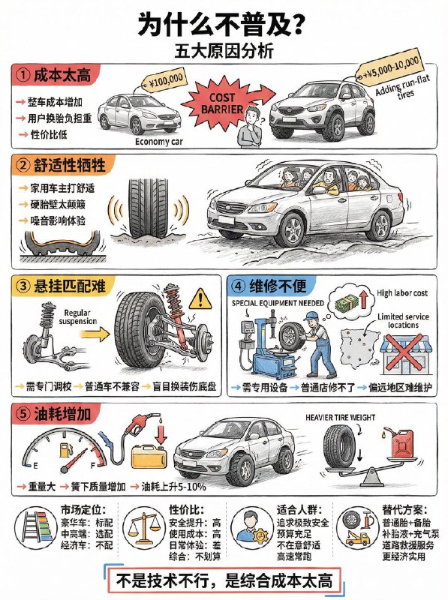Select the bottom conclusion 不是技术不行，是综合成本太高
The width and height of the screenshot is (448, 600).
point(223,579)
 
